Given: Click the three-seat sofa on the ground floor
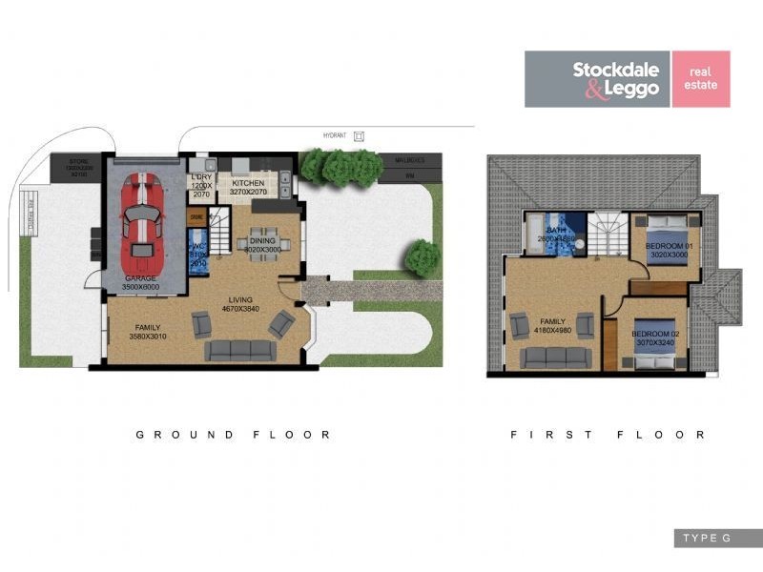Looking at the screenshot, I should click(x=241, y=350).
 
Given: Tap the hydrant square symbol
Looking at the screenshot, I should click(x=359, y=136).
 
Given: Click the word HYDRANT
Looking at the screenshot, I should click(x=332, y=136).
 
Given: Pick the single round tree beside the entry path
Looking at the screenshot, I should click(x=422, y=258).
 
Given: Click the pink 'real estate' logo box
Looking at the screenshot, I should click(x=701, y=79).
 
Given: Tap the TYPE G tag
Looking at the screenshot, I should click(x=706, y=539).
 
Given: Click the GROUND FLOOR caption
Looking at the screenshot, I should click(x=233, y=435).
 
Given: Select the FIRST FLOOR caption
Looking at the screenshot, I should click(x=608, y=435).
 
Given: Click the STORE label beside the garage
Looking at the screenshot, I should click(x=78, y=162).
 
